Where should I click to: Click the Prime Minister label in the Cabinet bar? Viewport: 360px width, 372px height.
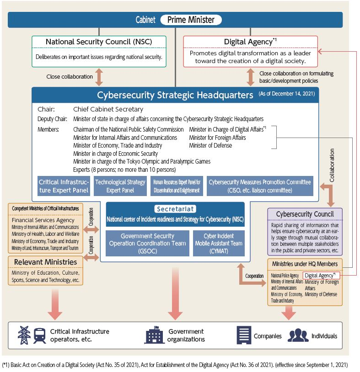(191, 20)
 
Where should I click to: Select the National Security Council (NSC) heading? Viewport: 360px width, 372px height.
(99, 42)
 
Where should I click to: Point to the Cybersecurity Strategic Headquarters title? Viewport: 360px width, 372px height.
(175, 95)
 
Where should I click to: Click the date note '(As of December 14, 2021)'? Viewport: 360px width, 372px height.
(286, 94)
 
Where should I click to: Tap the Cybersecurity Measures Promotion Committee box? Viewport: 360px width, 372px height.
(259, 186)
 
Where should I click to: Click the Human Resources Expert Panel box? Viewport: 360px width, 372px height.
(177, 186)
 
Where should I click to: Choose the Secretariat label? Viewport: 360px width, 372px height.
(175, 209)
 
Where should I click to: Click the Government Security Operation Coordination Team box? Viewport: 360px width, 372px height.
(147, 243)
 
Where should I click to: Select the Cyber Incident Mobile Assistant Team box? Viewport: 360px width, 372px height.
(218, 243)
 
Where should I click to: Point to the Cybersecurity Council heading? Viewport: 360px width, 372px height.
(305, 214)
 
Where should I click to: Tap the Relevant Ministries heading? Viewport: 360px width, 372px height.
(45, 262)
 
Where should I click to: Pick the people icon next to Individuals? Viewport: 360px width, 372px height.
(298, 336)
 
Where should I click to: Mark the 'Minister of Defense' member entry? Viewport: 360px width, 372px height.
(210, 145)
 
